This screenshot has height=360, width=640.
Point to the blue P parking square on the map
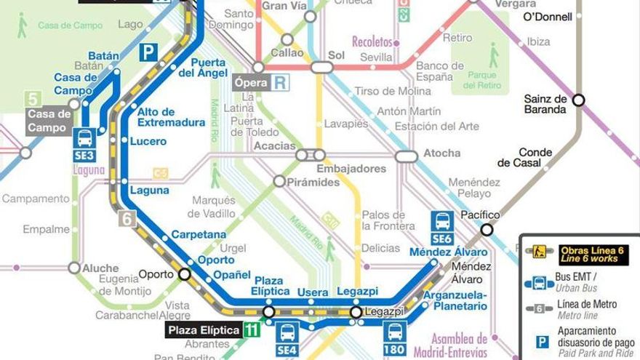pos(148,52)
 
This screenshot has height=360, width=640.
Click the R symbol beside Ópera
pos(280,82)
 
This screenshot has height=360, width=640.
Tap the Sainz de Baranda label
pos(545,105)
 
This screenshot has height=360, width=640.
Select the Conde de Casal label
pos(540,158)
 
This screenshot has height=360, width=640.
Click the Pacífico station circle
pos(487,230)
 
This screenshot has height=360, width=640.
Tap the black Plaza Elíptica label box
pos(204,330)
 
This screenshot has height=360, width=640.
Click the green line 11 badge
pos(252,330)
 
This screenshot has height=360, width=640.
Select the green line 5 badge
pos(31,98)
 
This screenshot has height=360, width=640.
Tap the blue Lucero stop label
pos(148,141)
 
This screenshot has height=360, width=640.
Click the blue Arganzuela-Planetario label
pos(455,300)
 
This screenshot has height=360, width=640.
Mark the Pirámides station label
pos(315,183)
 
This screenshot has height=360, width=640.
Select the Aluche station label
pos(100,268)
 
